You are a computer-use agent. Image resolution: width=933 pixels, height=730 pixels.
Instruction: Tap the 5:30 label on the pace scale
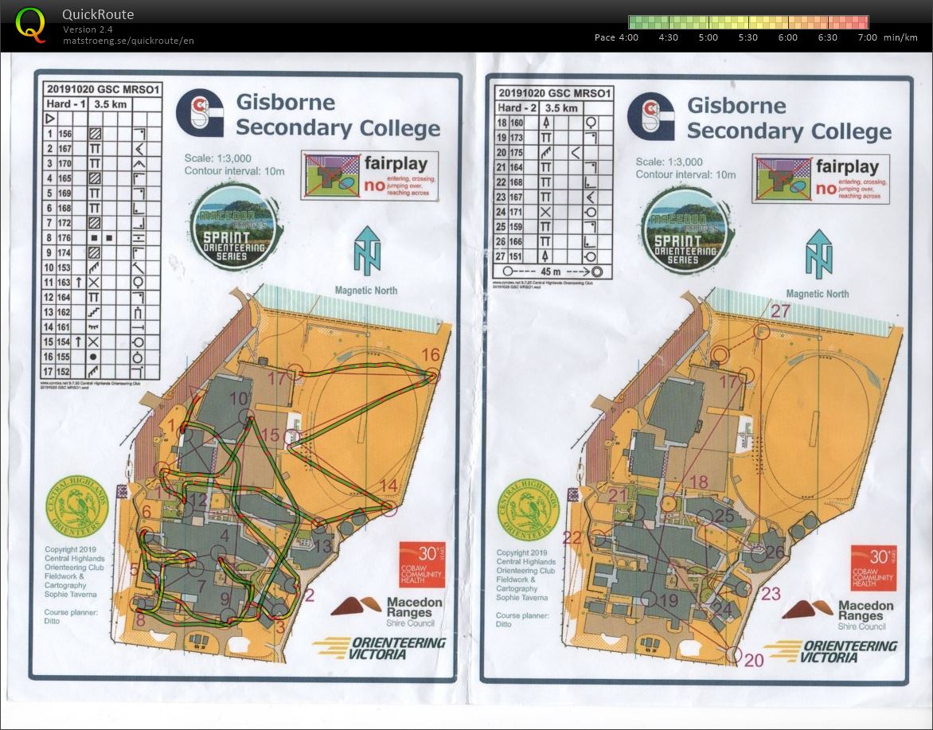[748, 37]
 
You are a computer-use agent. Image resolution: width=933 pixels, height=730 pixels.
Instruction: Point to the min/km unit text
[900, 37]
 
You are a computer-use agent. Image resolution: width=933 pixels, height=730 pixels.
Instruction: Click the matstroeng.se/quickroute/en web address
[128, 41]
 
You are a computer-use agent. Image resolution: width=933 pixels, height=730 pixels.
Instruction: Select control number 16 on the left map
[431, 355]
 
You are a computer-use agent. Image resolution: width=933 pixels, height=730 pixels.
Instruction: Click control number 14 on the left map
[388, 486]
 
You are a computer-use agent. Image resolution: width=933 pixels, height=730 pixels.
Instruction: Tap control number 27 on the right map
[780, 311]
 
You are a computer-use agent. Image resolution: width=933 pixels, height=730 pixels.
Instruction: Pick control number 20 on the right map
[754, 659]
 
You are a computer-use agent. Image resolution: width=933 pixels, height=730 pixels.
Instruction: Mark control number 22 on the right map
[572, 537]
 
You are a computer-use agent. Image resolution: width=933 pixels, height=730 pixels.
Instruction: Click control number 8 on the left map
[140, 618]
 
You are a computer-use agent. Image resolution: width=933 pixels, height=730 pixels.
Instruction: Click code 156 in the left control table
[64, 134]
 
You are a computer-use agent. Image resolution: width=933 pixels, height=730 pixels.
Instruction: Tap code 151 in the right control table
[517, 256]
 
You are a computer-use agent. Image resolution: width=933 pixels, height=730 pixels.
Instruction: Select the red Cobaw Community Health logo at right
[873, 568]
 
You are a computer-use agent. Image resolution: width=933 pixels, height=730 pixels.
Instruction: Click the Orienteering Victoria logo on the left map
[381, 648]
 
